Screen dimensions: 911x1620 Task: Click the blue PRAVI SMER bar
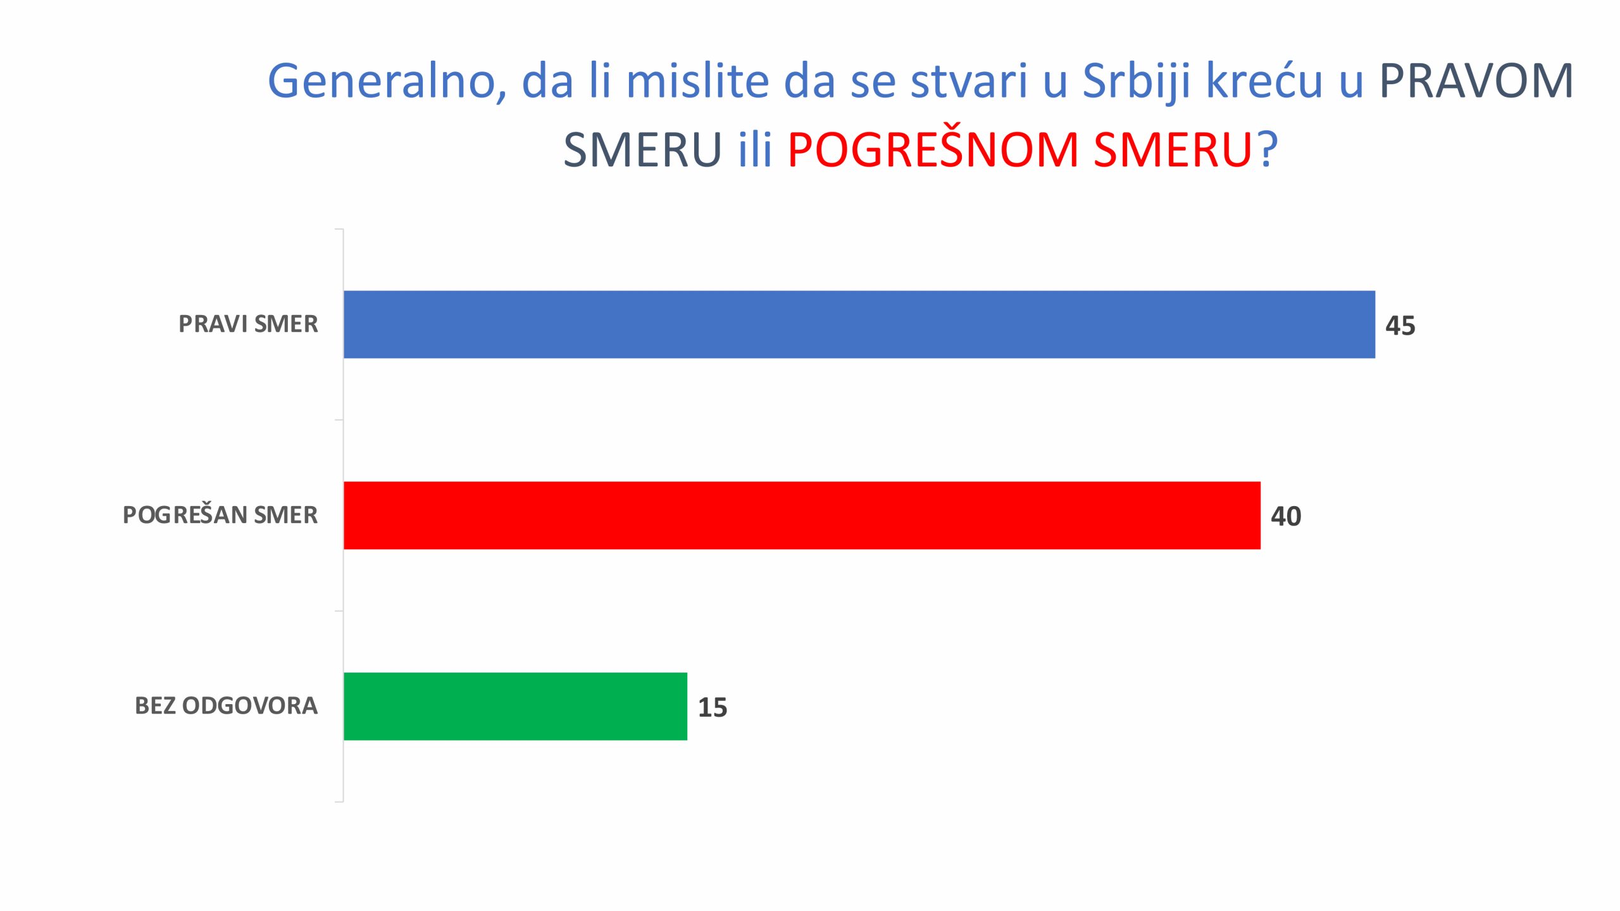coord(859,325)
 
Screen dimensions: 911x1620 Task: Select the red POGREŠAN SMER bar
coord(802,515)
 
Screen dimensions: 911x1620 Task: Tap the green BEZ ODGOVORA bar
coord(515,706)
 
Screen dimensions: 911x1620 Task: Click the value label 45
coord(1400,326)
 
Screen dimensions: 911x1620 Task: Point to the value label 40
coord(1286,516)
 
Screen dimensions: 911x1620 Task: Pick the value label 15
coord(713,707)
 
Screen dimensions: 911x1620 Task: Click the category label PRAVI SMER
coord(248,324)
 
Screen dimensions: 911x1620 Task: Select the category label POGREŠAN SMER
coord(220,515)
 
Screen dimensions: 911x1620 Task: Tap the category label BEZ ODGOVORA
coord(226,706)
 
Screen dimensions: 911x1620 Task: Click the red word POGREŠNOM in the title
coord(933,151)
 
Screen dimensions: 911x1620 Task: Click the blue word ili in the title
coord(755,151)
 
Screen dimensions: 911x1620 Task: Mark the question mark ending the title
coord(1268,151)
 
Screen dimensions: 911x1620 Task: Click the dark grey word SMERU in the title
coord(642,151)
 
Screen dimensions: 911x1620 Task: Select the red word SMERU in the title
coord(1173,151)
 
